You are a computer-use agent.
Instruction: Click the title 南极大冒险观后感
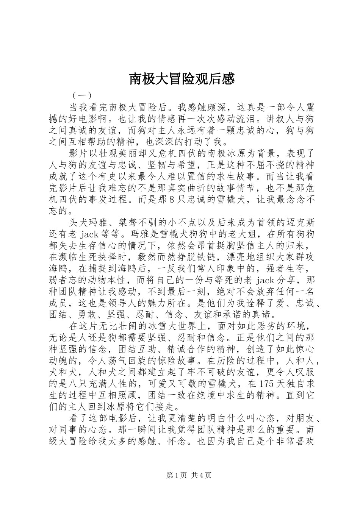[x=182, y=79]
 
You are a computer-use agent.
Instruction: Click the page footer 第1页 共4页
[x=188, y=475]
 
